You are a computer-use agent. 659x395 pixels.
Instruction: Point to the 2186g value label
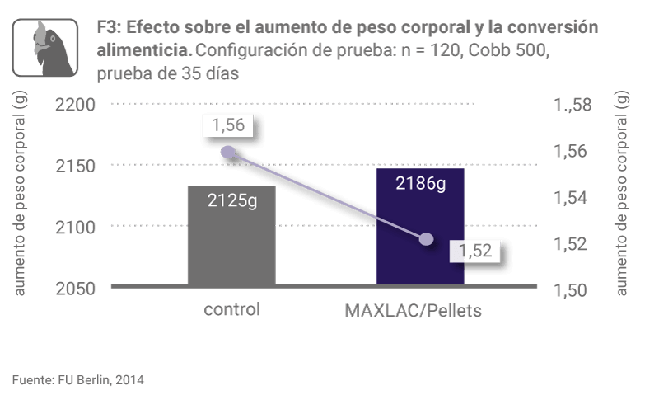(x=420, y=183)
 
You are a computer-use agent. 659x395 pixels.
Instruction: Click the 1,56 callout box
(x=227, y=125)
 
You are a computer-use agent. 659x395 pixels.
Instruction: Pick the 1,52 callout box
(x=474, y=252)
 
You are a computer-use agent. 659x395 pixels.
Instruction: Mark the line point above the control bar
(x=228, y=152)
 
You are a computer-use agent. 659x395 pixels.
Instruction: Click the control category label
(x=231, y=310)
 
